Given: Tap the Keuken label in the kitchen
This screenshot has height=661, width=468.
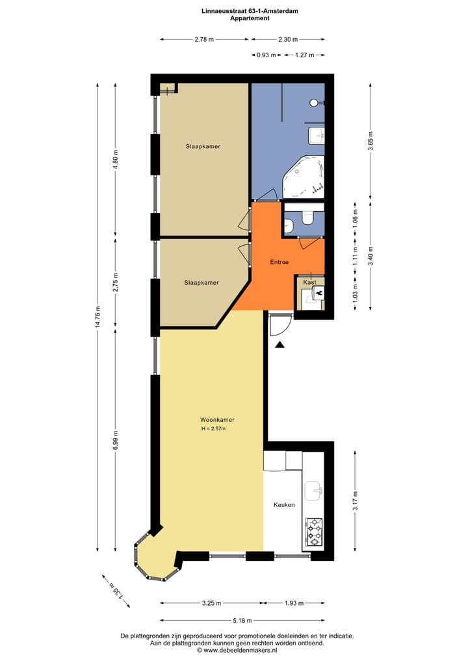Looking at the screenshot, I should (x=284, y=504).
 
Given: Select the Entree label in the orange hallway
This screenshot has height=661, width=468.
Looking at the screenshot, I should (x=279, y=262).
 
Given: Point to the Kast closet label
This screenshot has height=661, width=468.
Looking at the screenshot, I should (x=309, y=283).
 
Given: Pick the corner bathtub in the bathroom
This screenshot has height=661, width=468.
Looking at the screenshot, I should (x=302, y=177).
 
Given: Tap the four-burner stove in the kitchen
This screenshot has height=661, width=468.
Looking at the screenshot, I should (x=314, y=532).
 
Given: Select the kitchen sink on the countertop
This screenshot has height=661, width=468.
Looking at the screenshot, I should (x=313, y=488).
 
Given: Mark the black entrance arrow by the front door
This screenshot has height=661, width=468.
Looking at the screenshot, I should (x=279, y=346).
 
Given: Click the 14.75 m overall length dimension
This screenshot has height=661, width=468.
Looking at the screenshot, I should (x=97, y=317).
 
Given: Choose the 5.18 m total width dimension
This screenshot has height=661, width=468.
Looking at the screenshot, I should (x=242, y=620).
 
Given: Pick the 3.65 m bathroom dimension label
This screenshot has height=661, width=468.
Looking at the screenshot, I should (x=370, y=141).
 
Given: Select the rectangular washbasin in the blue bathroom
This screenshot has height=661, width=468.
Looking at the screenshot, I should (x=316, y=136).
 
